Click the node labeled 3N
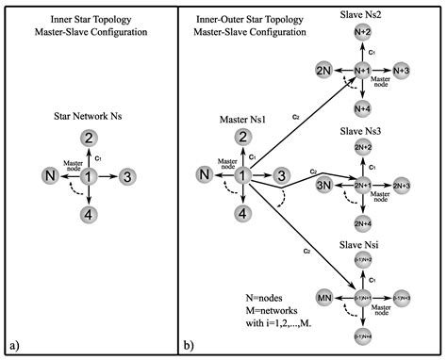pos(323,184)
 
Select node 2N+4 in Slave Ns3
pos(363,222)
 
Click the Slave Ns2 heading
pos(363,13)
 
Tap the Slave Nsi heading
pos(363,245)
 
